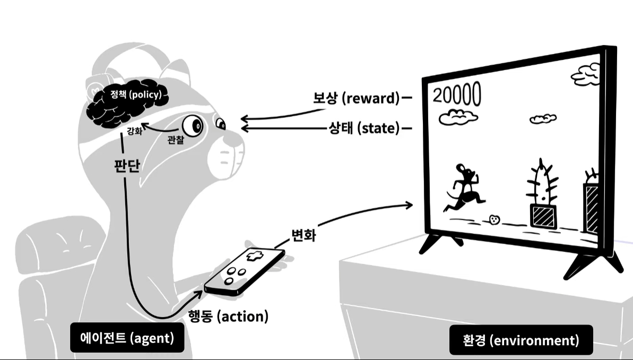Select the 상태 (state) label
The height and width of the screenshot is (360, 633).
click(364, 128)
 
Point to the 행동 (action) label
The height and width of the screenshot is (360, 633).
click(229, 316)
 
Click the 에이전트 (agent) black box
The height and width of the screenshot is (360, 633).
click(127, 337)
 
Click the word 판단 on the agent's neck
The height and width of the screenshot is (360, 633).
click(127, 166)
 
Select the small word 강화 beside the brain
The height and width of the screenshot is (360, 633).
click(134, 130)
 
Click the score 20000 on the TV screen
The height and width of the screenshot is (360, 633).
click(457, 95)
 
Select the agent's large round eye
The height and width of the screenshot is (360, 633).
click(193, 126)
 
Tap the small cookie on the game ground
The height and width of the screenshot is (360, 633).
click(495, 219)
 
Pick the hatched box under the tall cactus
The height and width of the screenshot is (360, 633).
click(544, 216)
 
